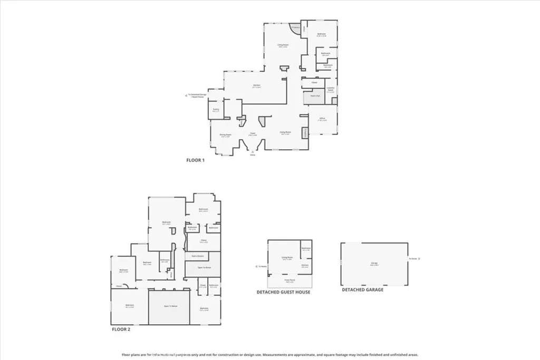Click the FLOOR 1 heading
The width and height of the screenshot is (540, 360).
(195, 160)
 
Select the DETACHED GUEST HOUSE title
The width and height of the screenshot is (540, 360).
(283, 292)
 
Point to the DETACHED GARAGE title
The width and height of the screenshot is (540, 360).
(362, 289)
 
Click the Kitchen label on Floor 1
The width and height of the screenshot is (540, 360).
(257, 86)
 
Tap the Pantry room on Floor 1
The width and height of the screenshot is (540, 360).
(215, 110)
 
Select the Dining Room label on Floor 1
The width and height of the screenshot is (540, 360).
(226, 135)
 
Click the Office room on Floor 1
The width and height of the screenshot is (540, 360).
(322, 119)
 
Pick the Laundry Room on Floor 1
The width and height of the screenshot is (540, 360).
(331, 90)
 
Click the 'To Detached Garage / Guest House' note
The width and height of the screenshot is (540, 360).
(196, 96)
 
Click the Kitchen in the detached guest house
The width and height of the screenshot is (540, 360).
(304, 266)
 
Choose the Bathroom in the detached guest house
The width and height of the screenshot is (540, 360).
(306, 249)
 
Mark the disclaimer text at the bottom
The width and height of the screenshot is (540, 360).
(270, 355)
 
